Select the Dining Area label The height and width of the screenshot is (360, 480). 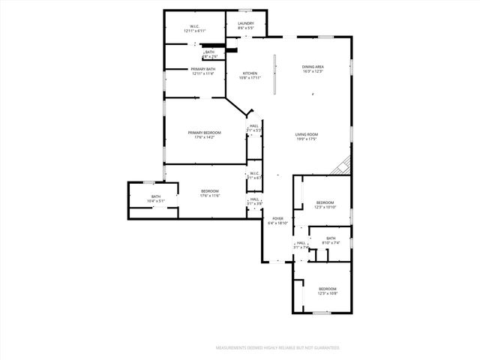tap(313, 68)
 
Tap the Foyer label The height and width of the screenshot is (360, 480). tap(277, 220)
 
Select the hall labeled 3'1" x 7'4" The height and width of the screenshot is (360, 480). tap(301, 245)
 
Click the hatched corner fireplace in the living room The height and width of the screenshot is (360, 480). tap(343, 165)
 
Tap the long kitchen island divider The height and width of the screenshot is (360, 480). tap(274, 73)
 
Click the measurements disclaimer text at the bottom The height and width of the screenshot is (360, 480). tap(277, 348)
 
